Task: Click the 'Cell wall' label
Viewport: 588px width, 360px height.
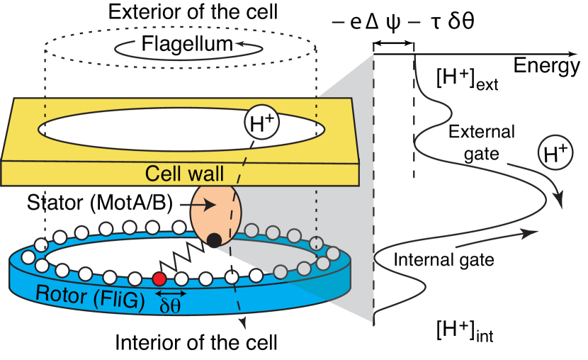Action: pos(184,173)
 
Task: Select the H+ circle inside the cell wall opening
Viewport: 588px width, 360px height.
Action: pos(261,123)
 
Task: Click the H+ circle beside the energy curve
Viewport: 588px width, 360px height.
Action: pos(555,154)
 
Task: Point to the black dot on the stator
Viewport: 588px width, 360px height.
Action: pos(213,241)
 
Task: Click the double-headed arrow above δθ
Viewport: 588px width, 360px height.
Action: pos(171,293)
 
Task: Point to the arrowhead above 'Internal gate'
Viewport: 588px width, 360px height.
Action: pos(528,232)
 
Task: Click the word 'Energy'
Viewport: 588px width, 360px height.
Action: pos(548,68)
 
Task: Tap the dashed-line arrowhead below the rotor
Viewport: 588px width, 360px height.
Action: pos(245,327)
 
